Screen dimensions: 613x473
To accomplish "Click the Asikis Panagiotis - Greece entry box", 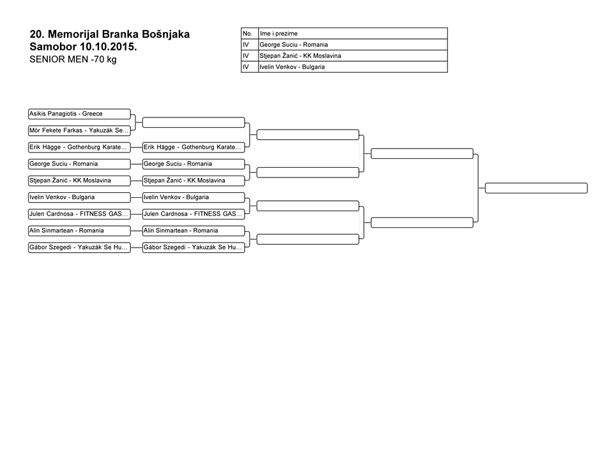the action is coord(79,114).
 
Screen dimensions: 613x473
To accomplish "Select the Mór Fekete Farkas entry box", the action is coord(79,131).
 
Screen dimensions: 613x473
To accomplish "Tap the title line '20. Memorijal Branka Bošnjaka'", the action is coord(109,34).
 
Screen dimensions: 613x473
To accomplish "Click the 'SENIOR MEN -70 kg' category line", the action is coord(73,59).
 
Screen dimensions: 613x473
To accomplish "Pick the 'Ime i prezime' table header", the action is coord(279,34).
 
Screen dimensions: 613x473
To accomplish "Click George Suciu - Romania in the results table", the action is coord(294,45).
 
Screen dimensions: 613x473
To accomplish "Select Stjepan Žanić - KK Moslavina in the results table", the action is coord(300,56).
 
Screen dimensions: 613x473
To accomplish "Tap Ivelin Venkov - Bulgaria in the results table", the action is coord(292,67).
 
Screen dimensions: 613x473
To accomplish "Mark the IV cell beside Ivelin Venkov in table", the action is coord(250,67).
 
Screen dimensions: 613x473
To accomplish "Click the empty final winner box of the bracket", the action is coord(536,188).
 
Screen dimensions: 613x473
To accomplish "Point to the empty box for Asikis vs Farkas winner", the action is coord(193,123).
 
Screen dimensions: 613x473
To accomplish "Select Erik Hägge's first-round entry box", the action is coord(79,147).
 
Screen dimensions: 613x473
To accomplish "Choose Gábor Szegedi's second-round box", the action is coord(193,248).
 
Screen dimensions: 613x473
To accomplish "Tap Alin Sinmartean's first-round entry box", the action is coord(79,230).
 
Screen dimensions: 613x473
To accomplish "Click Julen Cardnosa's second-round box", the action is coord(193,214).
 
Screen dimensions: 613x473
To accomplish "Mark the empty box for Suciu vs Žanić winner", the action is coord(308,172).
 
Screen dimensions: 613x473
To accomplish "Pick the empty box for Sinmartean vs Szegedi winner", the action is coord(308,239).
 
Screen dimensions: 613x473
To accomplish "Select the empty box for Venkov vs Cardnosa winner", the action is coord(308,206).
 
